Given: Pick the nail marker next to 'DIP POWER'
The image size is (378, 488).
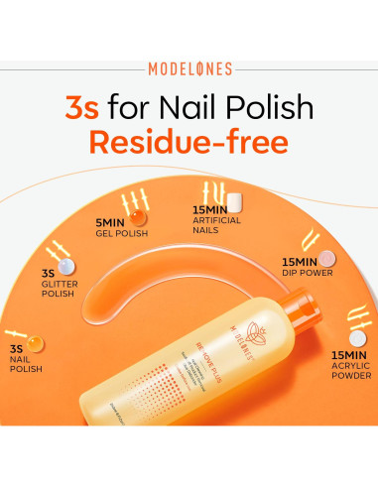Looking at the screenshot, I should tap(326, 259).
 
